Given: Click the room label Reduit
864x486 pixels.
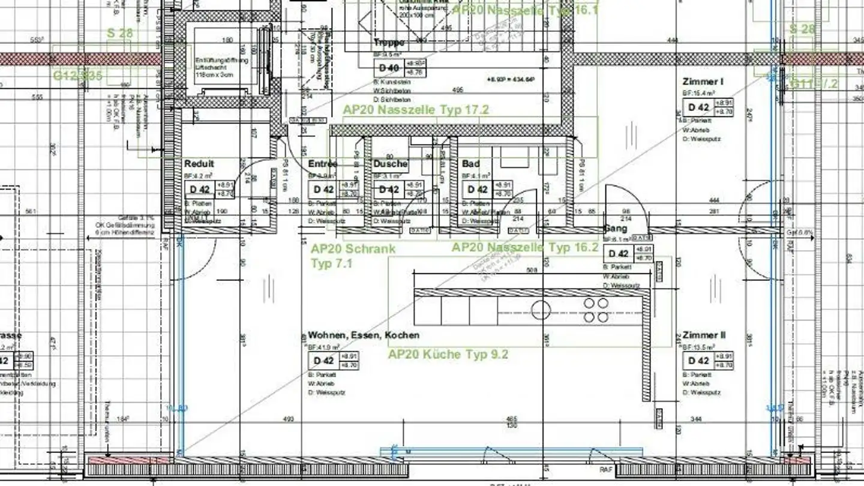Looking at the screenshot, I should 199,164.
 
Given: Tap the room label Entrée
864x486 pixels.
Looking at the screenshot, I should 323,164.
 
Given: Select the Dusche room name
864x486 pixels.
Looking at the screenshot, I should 391,164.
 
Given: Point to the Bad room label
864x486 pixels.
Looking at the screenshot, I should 470,164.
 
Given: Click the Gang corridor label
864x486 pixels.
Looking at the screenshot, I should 615,229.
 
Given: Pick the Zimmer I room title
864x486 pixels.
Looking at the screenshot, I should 703,81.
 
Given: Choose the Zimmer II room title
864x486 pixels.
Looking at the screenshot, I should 704,335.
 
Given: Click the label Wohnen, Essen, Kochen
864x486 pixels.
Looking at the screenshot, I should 364,335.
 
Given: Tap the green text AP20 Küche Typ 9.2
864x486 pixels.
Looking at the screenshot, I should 448,355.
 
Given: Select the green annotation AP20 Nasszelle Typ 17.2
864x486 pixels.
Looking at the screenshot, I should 416,110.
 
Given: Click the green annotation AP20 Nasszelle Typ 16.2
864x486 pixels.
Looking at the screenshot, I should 525,247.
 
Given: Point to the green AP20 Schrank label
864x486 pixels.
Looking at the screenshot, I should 353,248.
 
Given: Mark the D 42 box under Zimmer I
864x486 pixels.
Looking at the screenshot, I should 698,107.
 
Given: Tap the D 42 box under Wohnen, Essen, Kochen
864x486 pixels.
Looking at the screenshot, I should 323,361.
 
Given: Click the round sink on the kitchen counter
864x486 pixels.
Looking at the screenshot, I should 541,310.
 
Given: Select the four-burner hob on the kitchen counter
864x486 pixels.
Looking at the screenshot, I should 595,310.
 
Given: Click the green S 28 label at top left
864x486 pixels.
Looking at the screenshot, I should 120,32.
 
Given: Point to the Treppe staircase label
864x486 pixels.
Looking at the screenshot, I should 388,43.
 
